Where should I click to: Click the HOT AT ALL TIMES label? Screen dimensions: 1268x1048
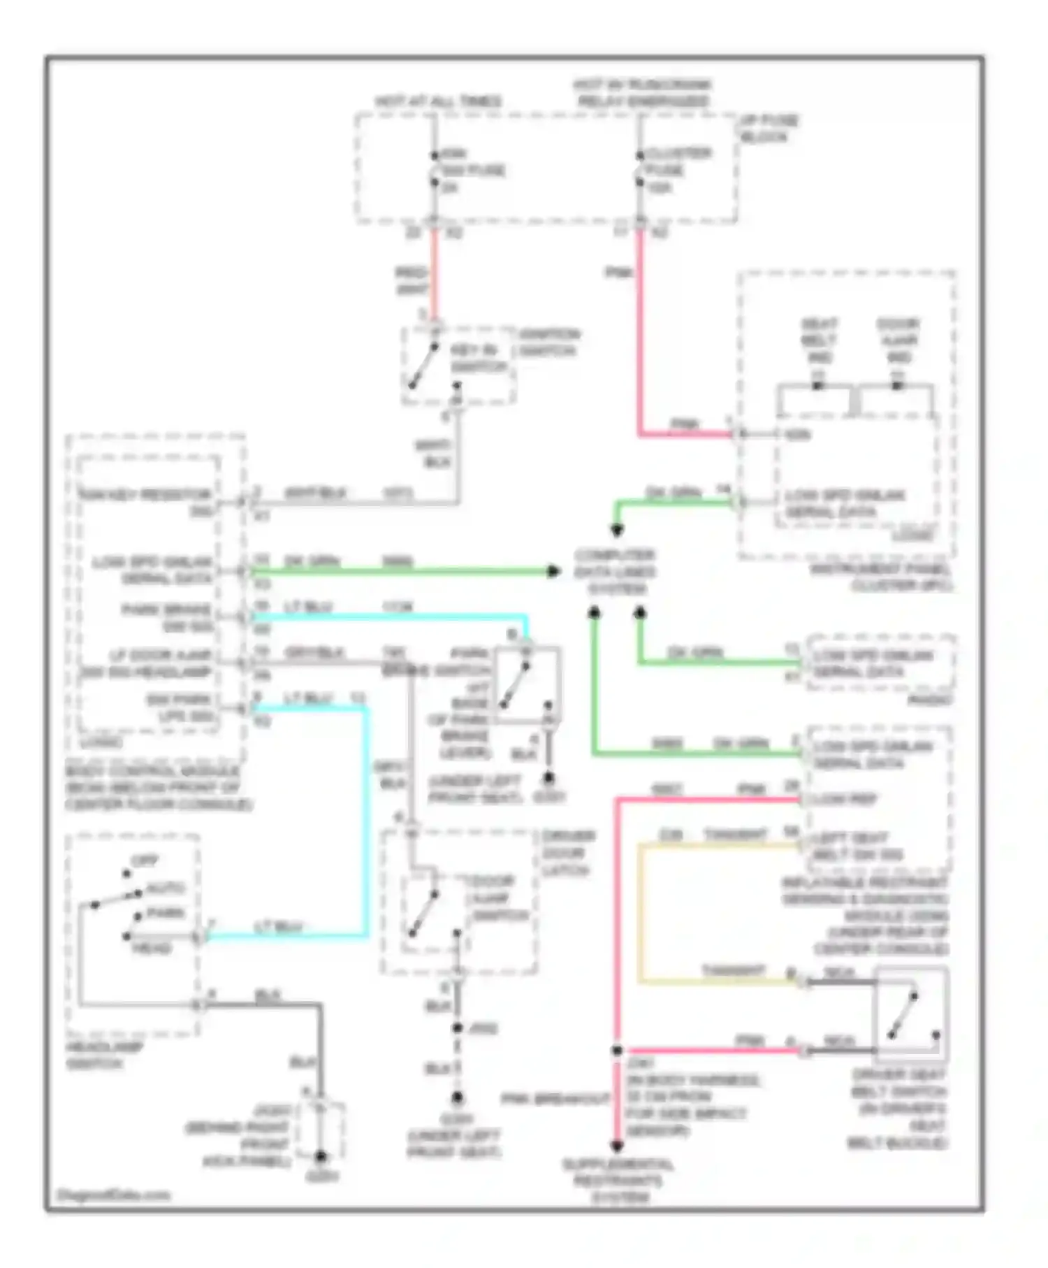438,102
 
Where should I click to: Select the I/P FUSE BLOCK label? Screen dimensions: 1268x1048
769,129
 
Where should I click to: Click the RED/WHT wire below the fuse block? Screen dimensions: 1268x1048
434,276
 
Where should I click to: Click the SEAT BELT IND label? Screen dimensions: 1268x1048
819,341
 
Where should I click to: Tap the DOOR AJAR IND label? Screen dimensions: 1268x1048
898,341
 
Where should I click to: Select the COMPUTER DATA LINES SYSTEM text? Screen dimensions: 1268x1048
615,572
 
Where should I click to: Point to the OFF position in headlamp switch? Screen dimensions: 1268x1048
145,861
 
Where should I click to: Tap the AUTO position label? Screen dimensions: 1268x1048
166,888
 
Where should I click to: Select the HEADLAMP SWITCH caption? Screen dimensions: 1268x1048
105,1056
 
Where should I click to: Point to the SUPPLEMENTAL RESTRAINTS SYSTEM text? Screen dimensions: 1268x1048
618,1181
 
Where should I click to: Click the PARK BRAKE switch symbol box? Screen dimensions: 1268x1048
527,684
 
